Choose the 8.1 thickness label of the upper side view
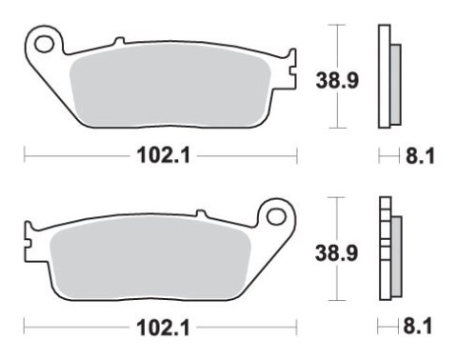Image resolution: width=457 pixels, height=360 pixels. pyautogui.click(x=418, y=154)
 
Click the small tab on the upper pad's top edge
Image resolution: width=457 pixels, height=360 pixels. pyautogui.click(x=118, y=41)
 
